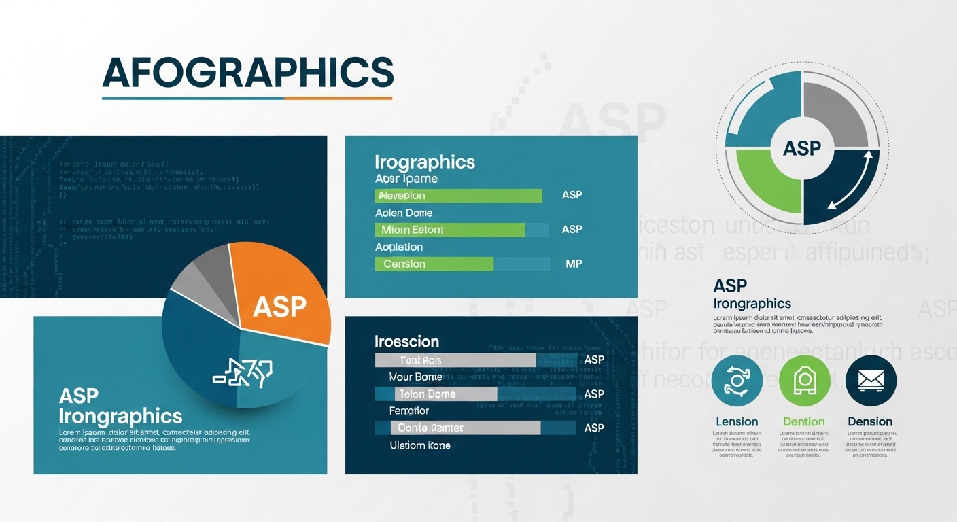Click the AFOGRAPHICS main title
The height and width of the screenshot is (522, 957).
coord(247,72)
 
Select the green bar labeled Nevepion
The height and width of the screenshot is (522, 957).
coord(458,196)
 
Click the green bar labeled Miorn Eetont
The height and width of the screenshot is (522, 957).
coord(450,230)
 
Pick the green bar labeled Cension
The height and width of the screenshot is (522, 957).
coord(434,264)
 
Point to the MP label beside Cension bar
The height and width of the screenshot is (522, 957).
coord(573,264)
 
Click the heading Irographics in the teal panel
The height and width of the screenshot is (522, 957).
coord(425,162)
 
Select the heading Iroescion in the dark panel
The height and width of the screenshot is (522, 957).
coord(406,341)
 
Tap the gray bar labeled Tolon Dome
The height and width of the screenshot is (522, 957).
coord(445,394)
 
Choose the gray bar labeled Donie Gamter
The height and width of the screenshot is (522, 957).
coord(465,428)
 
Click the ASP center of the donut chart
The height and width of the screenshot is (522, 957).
coord(802,147)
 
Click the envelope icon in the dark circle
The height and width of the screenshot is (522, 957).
coord(871,381)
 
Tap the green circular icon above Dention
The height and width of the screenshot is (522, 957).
coord(803,381)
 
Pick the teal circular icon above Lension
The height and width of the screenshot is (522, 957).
coord(737,381)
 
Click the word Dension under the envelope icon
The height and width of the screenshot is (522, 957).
coord(870,422)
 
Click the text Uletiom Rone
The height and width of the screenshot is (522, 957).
coord(420,445)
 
